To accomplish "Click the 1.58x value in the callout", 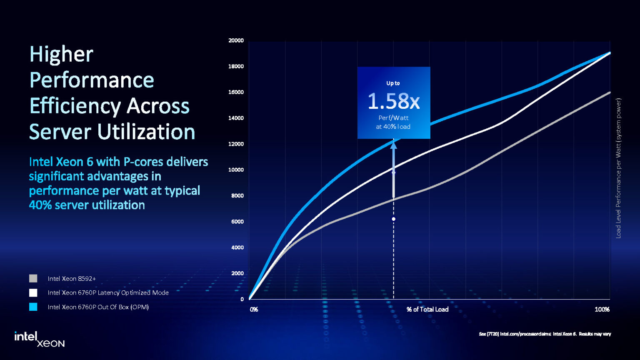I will (x=393, y=101).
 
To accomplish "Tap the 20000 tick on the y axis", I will (x=236, y=40).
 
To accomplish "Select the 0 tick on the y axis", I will (x=242, y=299).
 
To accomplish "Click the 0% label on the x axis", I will (x=254, y=310).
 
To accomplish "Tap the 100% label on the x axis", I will (x=602, y=310).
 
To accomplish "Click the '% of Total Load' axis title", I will (x=427, y=309).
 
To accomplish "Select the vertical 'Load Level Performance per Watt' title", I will (x=618, y=168).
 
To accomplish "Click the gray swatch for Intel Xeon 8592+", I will (x=33, y=278).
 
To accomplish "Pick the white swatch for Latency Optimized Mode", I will (x=33, y=292).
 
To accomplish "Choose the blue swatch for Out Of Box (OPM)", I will (x=33, y=307).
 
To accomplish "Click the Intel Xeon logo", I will (x=39, y=339).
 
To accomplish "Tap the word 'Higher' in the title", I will (x=61, y=55).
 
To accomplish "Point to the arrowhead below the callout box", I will (x=393, y=145).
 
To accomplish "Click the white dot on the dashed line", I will (x=393, y=219).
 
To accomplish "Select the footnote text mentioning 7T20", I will (x=545, y=334).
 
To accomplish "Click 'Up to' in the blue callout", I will (x=393, y=83).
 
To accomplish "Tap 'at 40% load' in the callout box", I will (x=393, y=127).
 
